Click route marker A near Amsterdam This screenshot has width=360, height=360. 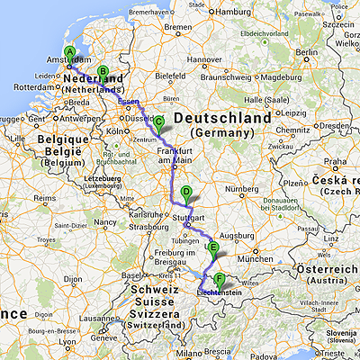[70, 53]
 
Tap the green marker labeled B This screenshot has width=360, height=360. [102, 73]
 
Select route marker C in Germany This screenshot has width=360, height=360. [159, 123]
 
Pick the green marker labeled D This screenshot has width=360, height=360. [186, 192]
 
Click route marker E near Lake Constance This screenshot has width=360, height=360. [212, 247]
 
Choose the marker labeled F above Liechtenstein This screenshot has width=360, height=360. [219, 279]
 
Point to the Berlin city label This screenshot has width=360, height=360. [307, 55]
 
